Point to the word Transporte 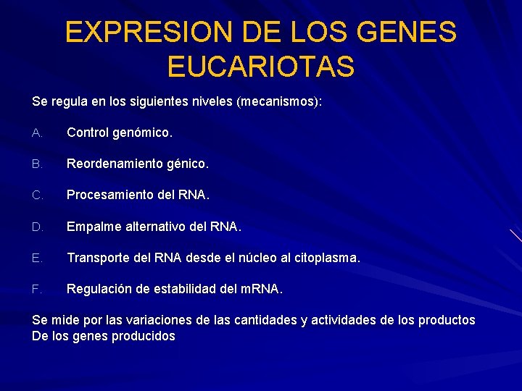pyautogui.click(x=96, y=258)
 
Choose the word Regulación pyautogui.click(x=98, y=290)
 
